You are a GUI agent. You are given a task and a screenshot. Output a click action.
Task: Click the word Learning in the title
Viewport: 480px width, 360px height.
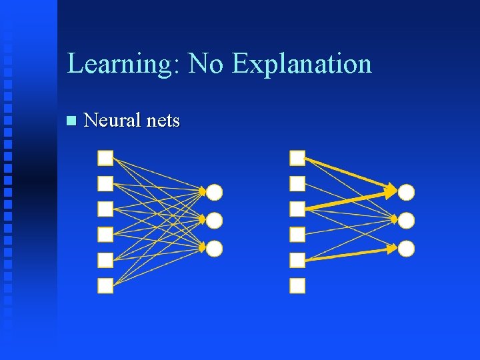click(122, 64)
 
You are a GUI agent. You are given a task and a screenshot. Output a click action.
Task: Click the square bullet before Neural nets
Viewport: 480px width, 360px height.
click(71, 121)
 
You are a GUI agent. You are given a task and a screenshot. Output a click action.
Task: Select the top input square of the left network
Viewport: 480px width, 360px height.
click(105, 158)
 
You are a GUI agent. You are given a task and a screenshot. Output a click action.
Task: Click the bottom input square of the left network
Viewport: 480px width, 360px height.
click(105, 285)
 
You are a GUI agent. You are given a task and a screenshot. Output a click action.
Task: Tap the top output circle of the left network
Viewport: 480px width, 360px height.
click(214, 193)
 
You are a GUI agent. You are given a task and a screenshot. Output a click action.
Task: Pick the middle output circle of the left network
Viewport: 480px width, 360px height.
click(214, 220)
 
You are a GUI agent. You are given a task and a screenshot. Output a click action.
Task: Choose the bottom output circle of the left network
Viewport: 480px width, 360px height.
click(214, 249)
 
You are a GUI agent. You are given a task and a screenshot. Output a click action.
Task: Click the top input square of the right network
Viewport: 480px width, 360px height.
click(297, 158)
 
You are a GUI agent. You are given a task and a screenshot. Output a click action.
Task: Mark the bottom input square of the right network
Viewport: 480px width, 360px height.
click(297, 285)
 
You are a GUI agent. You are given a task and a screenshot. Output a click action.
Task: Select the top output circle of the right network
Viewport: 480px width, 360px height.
click(407, 193)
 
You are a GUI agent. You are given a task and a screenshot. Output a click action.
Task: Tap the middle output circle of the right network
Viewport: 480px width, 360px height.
click(407, 220)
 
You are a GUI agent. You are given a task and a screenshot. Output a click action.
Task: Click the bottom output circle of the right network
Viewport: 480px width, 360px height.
click(407, 249)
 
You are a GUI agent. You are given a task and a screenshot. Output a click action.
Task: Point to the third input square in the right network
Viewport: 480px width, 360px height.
click(297, 209)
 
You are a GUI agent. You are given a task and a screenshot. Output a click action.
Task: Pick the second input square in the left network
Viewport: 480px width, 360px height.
click(105, 183)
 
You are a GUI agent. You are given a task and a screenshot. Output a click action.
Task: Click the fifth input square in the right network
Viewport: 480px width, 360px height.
click(297, 260)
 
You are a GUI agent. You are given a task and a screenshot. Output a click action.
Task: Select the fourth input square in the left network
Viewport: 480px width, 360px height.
click(105, 234)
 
